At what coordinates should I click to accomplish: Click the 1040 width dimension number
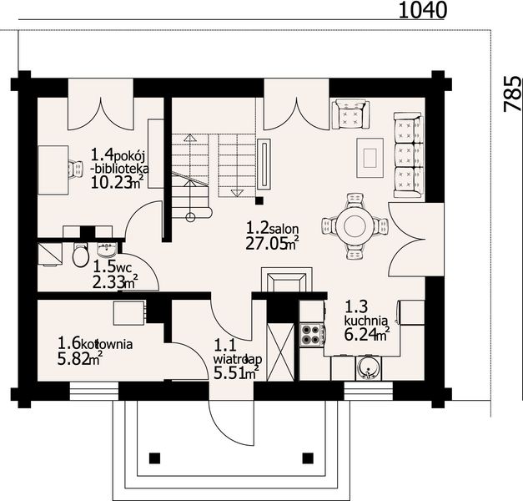[422, 10]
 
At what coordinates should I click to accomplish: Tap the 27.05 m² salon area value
[272, 244]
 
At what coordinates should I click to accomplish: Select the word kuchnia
[366, 321]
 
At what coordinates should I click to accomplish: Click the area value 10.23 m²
[118, 182]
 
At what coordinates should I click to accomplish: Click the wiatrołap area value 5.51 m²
[237, 372]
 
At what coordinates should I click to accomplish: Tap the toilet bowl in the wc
[80, 255]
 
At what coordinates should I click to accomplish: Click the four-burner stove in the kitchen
[312, 335]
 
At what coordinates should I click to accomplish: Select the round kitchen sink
[369, 368]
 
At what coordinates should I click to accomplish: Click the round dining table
[355, 226]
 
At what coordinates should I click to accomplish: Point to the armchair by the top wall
[351, 114]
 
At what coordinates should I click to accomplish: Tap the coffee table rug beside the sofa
[370, 158]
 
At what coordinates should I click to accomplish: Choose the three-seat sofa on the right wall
[409, 155]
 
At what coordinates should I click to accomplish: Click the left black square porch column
[154, 458]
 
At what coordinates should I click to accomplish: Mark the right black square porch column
[308, 458]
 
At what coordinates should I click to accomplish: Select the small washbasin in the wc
[107, 250]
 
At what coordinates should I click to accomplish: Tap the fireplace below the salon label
[287, 280]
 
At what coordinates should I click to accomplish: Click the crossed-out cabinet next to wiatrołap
[281, 352]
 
